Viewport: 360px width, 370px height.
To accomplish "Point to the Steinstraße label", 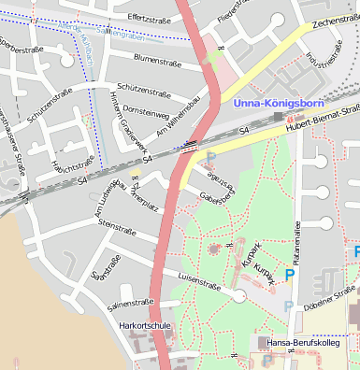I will point(117,226).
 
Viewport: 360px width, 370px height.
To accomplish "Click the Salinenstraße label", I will point(131,303).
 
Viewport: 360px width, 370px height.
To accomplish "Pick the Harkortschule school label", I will point(146,325).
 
